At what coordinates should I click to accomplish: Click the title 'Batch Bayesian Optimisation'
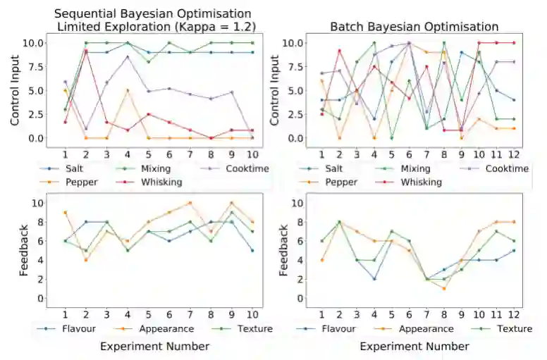(x=414, y=27)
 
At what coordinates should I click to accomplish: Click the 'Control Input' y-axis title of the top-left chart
(x=16, y=90)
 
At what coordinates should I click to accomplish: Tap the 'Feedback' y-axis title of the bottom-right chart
(x=285, y=249)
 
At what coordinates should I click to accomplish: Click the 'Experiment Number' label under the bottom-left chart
(x=154, y=346)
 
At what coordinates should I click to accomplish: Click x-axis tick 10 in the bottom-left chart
(x=252, y=313)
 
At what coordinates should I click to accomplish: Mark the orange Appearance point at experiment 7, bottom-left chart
(x=190, y=203)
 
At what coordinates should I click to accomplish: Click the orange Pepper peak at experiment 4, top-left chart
(x=127, y=90)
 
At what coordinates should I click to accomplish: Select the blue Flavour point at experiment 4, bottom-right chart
(x=374, y=279)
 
